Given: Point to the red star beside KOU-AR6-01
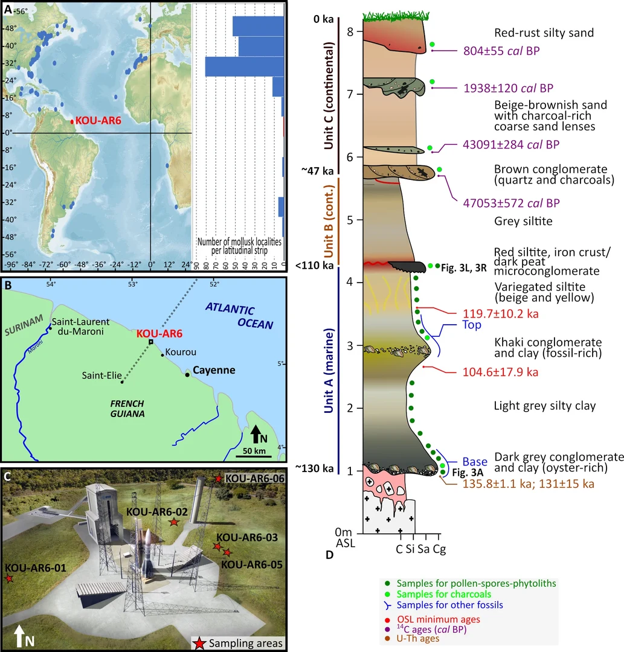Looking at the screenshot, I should pyautogui.click(x=9, y=579).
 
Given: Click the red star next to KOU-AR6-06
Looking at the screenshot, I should pyautogui.click(x=217, y=479).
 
